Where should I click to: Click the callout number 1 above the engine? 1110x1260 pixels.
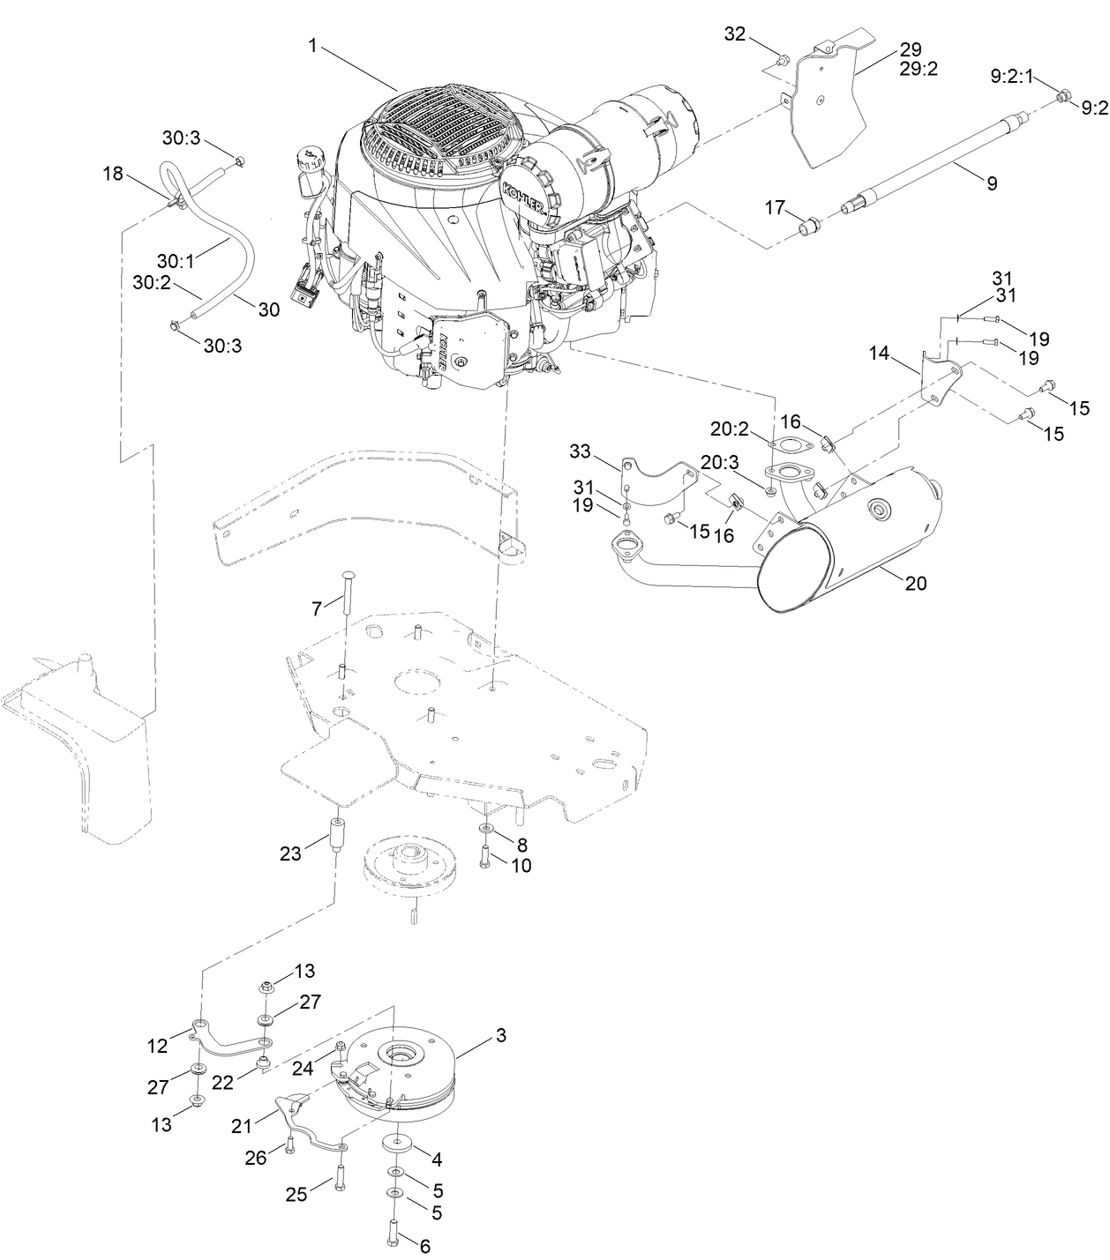312,45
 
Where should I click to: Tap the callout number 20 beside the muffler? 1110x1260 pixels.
916,583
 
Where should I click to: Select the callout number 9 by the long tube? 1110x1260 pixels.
992,183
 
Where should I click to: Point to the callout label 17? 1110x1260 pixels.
775,208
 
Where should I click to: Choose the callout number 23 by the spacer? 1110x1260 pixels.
290,853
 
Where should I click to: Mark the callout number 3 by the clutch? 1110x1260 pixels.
500,1036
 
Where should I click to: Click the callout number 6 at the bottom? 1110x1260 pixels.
424,1246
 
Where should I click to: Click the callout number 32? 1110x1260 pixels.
735,34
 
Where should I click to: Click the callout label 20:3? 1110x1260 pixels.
720,462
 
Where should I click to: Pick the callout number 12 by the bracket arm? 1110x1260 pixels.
157,1046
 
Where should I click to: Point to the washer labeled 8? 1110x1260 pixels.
487,831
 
